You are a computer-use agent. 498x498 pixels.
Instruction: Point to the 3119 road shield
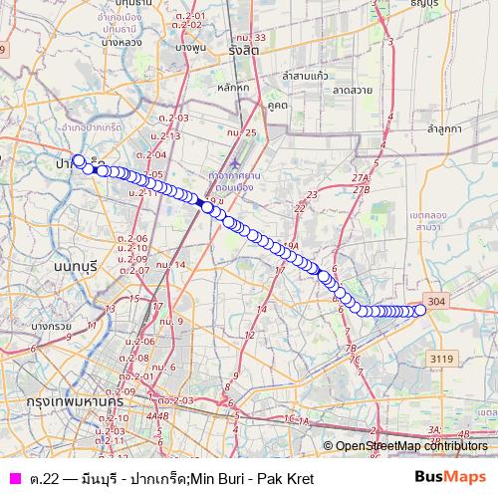pos(442,356)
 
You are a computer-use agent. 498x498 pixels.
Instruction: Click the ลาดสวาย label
pos(353,90)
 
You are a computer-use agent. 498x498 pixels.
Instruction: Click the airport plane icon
pos(235,161)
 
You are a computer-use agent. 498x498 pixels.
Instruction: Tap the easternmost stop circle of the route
pos(420,310)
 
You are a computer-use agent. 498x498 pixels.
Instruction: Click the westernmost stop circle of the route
pos(79,159)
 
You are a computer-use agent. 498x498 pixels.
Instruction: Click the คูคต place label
pos(278,104)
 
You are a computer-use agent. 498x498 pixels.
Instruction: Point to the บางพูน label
pos(189,48)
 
